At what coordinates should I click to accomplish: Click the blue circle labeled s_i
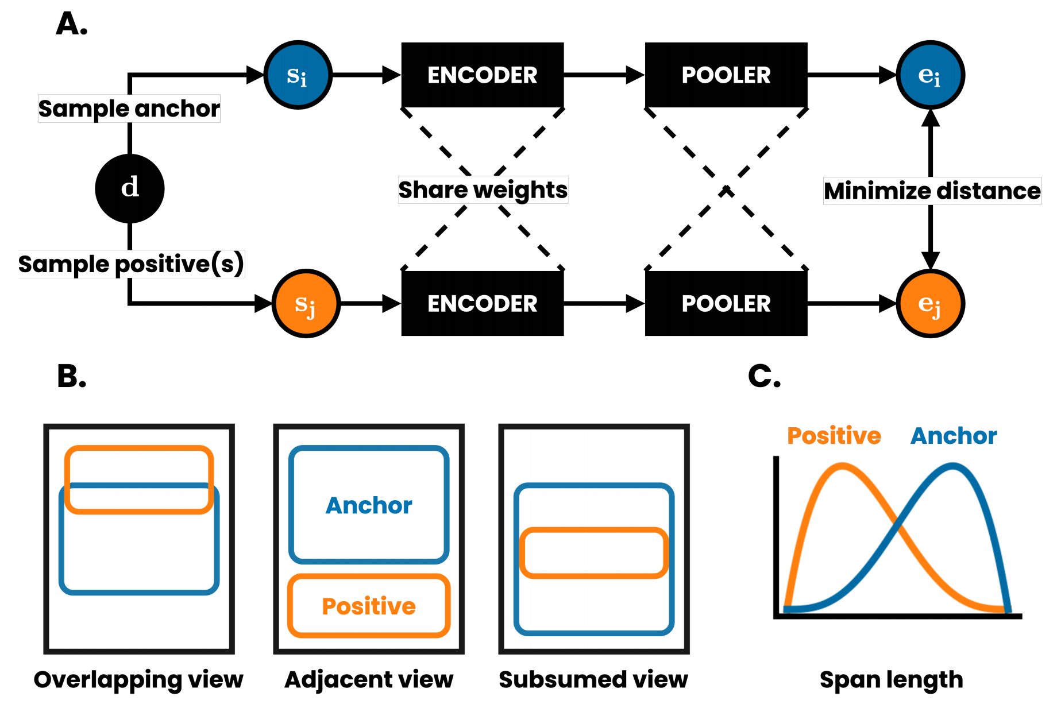(x=298, y=75)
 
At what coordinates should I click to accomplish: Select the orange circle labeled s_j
(x=306, y=303)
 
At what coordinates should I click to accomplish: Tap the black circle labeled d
(x=130, y=188)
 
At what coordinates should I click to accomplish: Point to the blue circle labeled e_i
(x=930, y=75)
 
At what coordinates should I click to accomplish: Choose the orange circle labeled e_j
(x=930, y=303)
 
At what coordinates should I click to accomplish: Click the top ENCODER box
(x=483, y=75)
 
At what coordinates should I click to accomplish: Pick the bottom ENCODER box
(x=483, y=303)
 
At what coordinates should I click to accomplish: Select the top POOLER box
(x=726, y=75)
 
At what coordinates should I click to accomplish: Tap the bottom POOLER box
(x=726, y=303)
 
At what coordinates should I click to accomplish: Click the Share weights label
(x=483, y=190)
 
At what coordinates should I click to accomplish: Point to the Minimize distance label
(x=932, y=191)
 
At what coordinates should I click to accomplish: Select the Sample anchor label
(x=129, y=109)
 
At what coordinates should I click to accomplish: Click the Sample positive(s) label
(x=132, y=264)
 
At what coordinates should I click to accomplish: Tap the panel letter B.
(x=72, y=377)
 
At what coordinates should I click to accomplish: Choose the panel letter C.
(x=764, y=377)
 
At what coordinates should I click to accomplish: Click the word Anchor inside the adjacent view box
(x=369, y=505)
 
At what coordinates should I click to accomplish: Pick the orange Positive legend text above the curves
(x=834, y=436)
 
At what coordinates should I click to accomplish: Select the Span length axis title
(x=891, y=680)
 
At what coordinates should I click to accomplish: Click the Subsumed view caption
(x=593, y=680)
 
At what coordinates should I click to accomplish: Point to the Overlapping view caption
(x=138, y=680)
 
